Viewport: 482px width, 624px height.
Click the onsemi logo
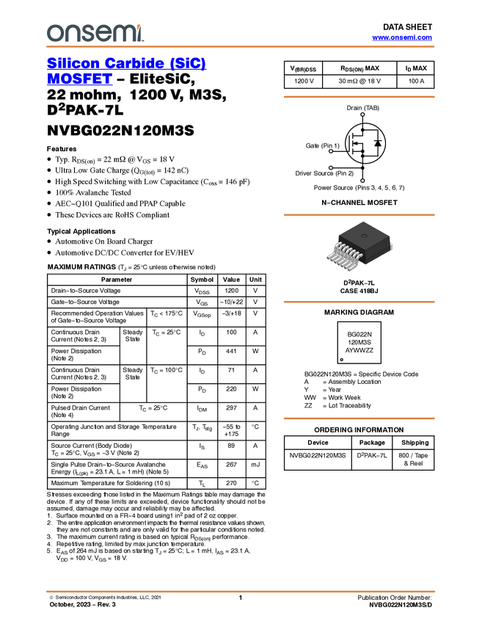(95, 33)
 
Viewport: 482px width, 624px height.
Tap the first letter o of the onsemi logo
(53, 34)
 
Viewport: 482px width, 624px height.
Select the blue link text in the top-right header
(402, 37)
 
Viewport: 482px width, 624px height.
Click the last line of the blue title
(79, 83)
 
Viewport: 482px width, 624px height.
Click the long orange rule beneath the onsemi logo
(240, 47)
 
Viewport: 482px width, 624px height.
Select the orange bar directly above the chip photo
(359, 215)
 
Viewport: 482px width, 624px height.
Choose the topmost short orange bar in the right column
(359, 96)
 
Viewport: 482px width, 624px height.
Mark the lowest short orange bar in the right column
(359, 418)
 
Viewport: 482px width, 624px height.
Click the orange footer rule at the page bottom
(240, 591)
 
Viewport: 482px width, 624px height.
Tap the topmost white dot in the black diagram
(362, 115)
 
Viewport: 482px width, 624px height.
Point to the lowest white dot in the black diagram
(362, 181)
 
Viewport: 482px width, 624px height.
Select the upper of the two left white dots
(331, 151)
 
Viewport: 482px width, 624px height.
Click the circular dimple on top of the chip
(363, 235)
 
